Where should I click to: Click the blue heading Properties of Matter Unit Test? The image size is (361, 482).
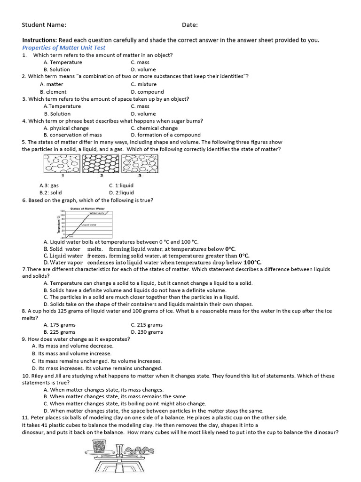pos(64,48)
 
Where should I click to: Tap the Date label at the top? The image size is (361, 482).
pos(190,25)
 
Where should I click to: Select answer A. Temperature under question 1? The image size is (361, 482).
pos(63,62)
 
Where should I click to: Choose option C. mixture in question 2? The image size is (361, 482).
pos(144,84)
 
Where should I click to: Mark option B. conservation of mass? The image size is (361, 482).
pos(72,135)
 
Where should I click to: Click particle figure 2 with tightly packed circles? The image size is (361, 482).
pos(101,164)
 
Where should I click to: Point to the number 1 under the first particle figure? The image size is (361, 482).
pos(63,176)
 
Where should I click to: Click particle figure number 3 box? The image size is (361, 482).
pos(140,164)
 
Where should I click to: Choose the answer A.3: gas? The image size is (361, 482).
pos(49,185)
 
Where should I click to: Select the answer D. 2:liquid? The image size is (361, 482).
pos(121,193)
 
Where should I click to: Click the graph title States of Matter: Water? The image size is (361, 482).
pos(87,208)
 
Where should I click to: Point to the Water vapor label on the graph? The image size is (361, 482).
pos(97,213)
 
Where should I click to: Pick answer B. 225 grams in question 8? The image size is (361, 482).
pos(59,332)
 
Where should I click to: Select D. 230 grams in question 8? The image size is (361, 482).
pos(147,332)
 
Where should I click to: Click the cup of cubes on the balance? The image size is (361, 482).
pos(99,446)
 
